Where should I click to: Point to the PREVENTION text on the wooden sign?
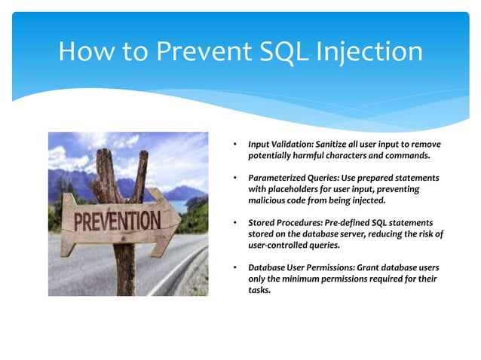pos(116,222)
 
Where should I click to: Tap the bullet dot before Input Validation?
pos(236,144)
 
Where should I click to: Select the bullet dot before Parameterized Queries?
pos(236,178)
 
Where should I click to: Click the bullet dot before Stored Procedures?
pos(236,224)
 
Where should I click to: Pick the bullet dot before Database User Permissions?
pos(236,269)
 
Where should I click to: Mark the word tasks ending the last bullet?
pos(260,291)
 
